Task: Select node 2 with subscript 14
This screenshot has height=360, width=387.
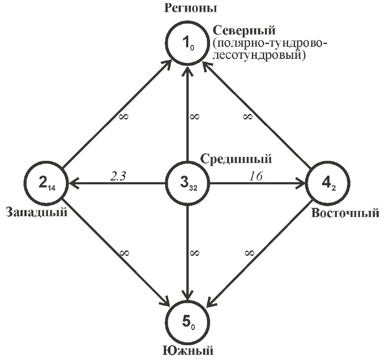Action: (x=46, y=184)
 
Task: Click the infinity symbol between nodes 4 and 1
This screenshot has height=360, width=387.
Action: (x=248, y=116)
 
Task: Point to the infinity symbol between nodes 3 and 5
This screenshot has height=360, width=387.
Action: (x=194, y=252)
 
